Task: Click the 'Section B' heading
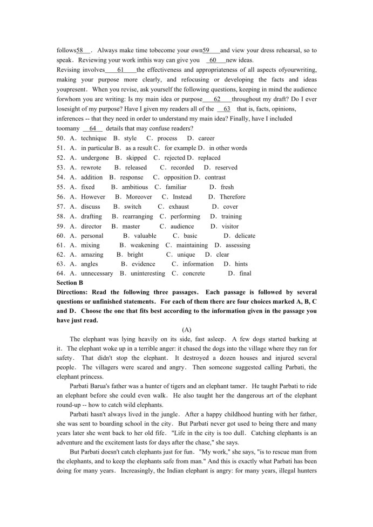point(70,282)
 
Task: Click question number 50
point(60,138)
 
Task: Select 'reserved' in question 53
point(226,167)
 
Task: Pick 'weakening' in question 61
point(144,245)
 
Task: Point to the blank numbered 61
point(120,70)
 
